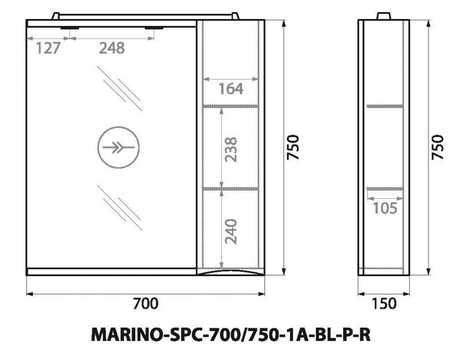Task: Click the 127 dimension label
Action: coord(49,49)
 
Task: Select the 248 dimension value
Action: coord(111,49)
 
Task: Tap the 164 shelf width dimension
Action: coord(231,89)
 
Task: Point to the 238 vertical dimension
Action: coord(231,149)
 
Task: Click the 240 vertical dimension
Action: coord(231,231)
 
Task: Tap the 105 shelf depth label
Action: coord(385,209)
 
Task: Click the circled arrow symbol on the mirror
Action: coord(118,148)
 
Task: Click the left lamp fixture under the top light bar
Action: coord(71,28)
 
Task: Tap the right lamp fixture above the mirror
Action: coord(154,28)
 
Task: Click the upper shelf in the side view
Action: coord(384,106)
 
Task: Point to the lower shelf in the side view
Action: coord(384,188)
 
